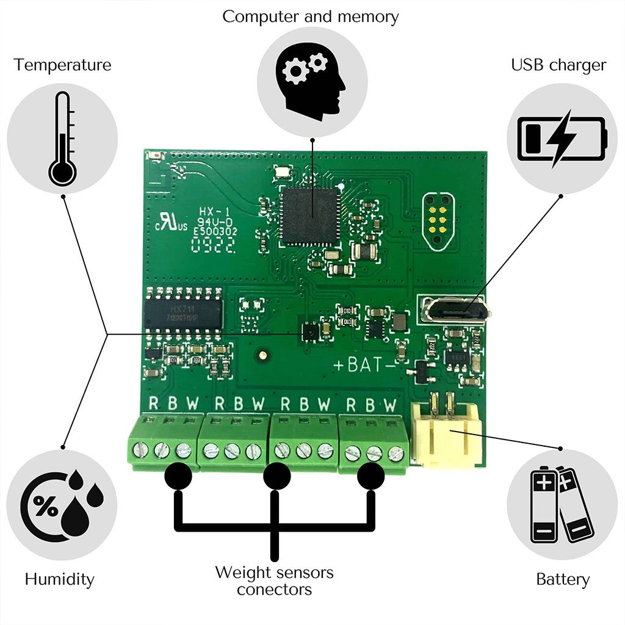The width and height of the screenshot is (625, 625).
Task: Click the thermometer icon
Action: pos(62,139)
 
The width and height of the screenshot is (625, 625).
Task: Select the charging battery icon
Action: pos(562,139)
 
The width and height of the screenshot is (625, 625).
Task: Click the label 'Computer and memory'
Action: pos(310,16)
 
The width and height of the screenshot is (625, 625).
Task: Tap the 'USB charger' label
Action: pos(558,65)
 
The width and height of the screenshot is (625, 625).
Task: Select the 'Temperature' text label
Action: pos(63,65)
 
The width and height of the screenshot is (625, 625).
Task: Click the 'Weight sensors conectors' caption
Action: pos(275,580)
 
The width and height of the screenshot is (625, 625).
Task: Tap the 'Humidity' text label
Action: pos(60,579)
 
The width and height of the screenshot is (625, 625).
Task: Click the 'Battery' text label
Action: pos(563,579)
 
